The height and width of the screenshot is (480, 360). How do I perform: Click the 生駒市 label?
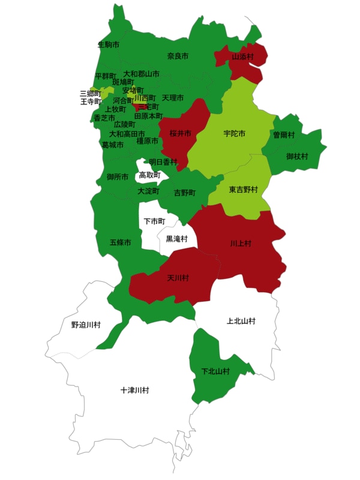point(108,44)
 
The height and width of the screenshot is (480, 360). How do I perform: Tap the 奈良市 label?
point(178,56)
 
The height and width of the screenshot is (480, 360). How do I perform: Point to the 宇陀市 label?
point(233,133)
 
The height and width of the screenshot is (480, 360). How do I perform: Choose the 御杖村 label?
point(297,157)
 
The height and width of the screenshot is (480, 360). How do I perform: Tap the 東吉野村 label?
point(243,190)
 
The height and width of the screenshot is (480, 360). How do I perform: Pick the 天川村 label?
point(178,278)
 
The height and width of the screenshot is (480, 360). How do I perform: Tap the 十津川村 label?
point(134,390)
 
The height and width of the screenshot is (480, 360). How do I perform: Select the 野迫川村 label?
point(86,325)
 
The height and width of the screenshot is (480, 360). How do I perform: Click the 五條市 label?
point(120,242)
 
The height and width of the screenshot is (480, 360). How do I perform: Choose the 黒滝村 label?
point(176,239)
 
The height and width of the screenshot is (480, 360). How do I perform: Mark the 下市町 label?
point(154,221)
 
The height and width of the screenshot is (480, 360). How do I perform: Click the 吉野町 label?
point(185,193)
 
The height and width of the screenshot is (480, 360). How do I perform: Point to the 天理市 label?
point(173,98)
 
